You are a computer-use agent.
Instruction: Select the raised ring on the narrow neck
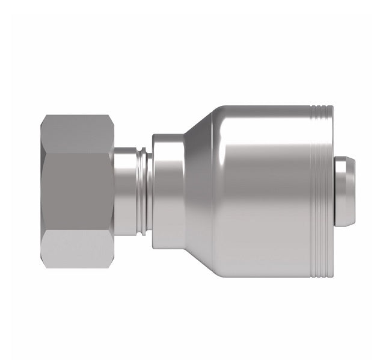139,191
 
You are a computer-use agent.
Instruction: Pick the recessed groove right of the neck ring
147,191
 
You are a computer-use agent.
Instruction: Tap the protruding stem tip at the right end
344,191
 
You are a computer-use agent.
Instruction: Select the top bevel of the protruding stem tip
344,161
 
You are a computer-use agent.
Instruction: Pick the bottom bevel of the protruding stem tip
344,222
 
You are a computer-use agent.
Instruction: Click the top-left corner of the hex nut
43,120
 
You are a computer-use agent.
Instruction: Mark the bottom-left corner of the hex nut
43,262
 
